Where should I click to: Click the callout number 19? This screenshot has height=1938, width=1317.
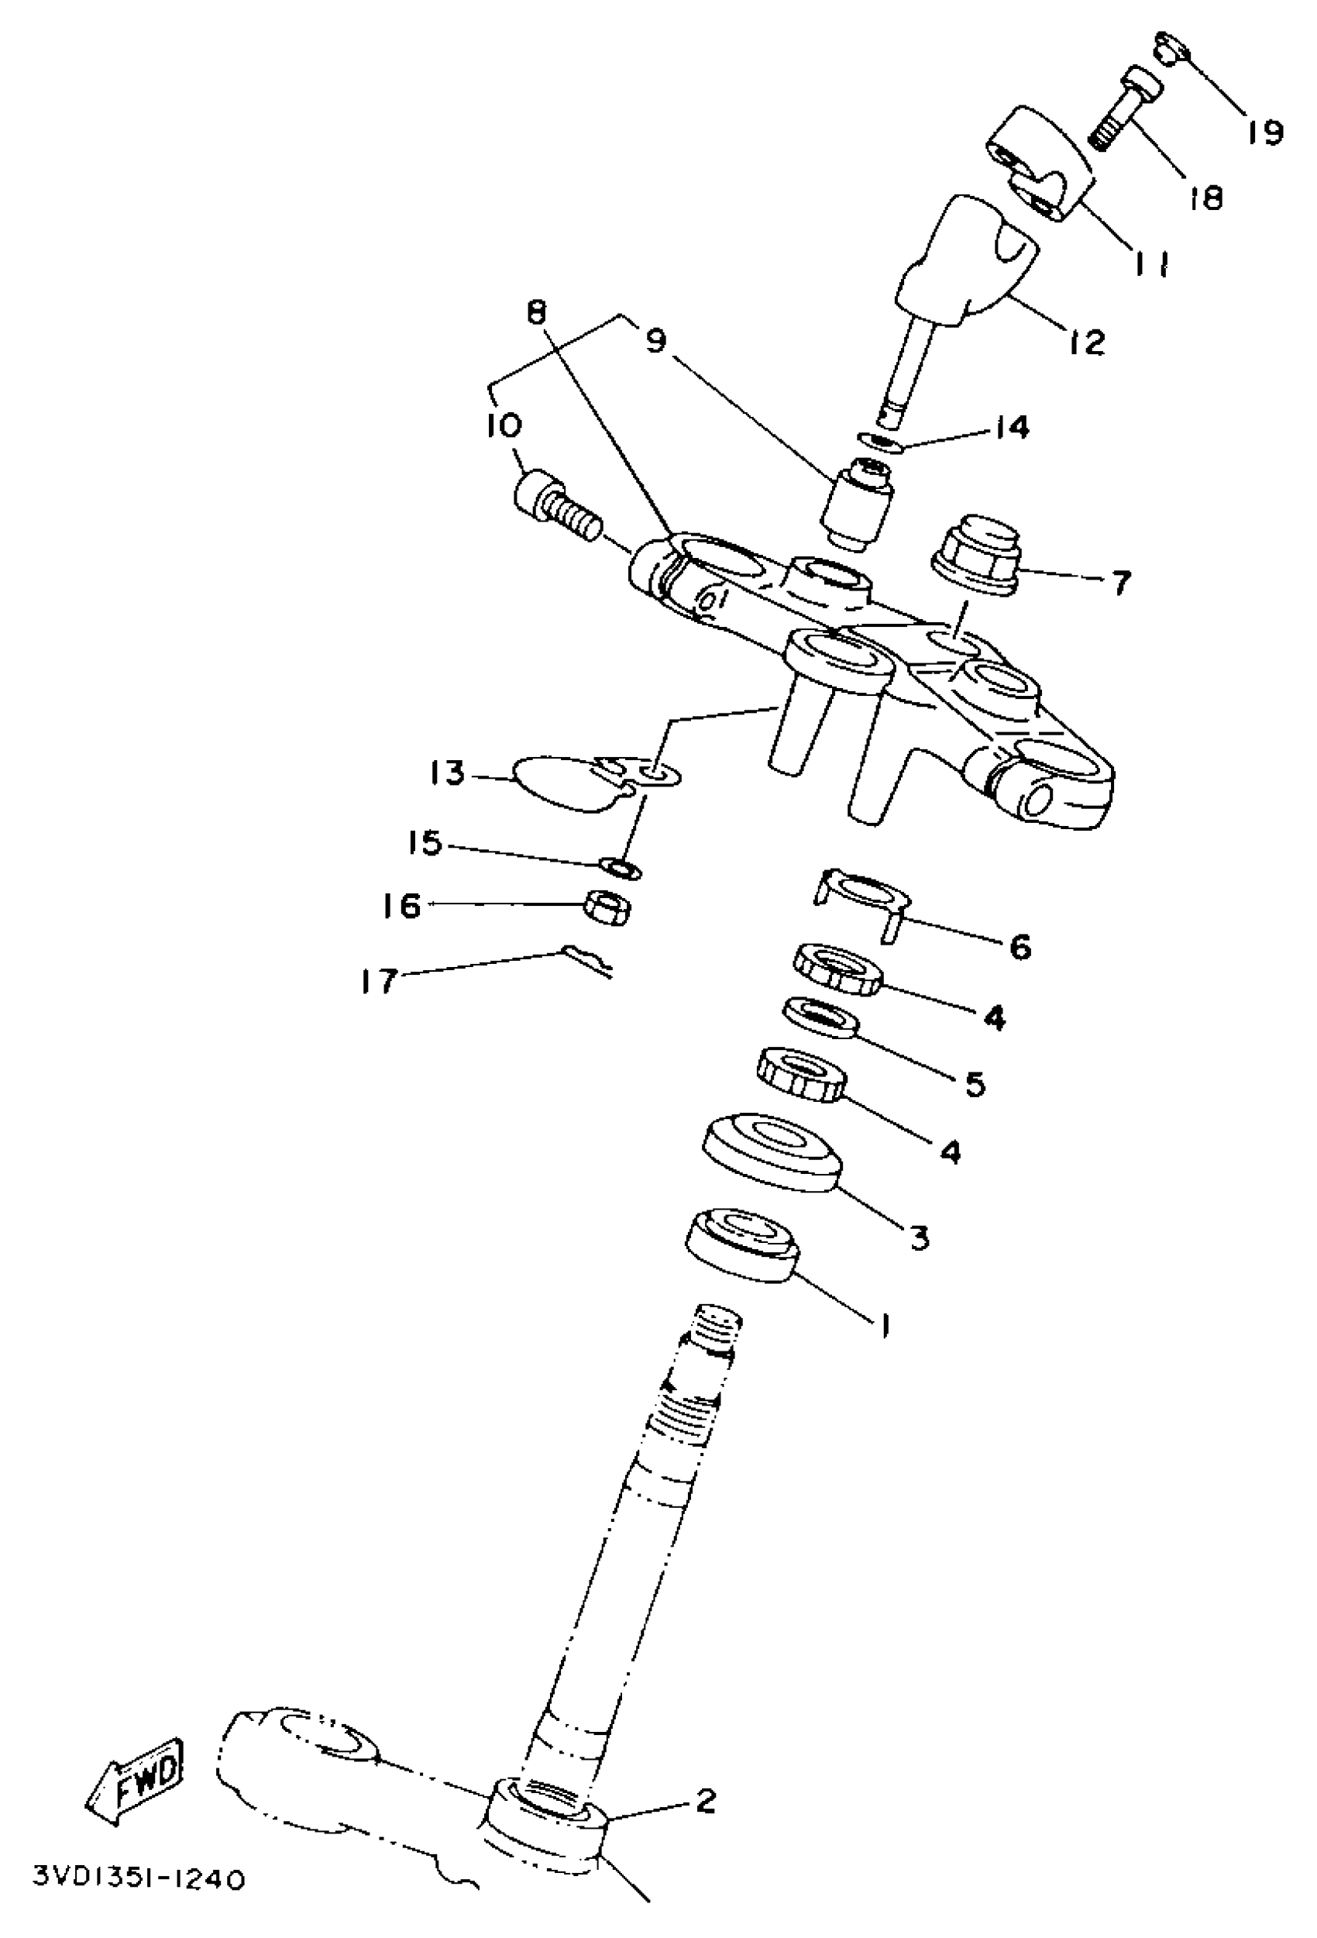click(1265, 130)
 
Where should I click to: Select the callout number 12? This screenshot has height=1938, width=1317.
click(1086, 341)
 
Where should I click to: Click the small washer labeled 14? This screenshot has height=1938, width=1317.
click(879, 440)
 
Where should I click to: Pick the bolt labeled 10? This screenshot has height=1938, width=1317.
click(555, 505)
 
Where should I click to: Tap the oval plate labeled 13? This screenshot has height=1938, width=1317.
click(567, 781)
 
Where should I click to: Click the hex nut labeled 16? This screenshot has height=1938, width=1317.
click(607, 906)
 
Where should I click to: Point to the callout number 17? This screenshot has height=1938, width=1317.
click(377, 981)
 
